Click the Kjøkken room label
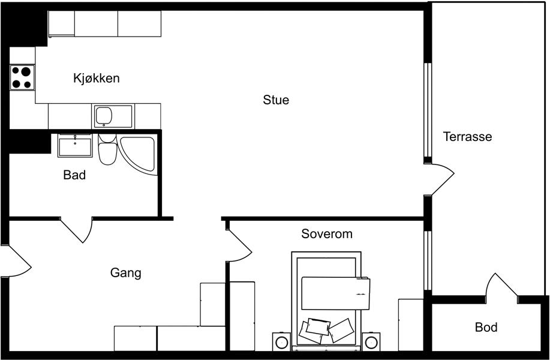(x=97, y=78)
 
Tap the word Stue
(x=276, y=100)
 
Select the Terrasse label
(x=467, y=136)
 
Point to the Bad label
(x=74, y=175)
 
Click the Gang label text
(x=125, y=273)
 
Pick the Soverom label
(x=326, y=234)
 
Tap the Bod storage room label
(x=486, y=328)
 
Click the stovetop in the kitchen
(x=22, y=77)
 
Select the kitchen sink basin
(x=104, y=116)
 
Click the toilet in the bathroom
(x=107, y=149)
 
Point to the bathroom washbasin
(x=75, y=146)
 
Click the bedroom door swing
(x=239, y=245)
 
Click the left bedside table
(x=282, y=342)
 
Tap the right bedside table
(x=371, y=342)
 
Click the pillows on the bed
(x=326, y=331)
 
